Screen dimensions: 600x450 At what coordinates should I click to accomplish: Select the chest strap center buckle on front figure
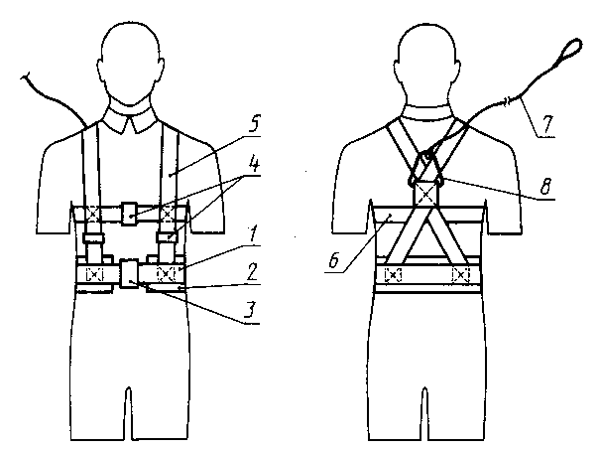point(131,213)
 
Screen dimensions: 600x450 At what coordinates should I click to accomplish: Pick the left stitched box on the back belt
point(394,273)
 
